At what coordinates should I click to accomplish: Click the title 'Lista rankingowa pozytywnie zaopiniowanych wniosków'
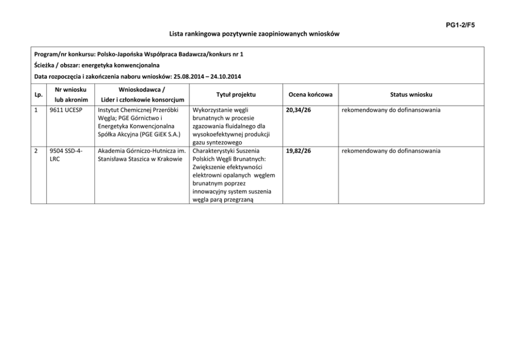click(x=254, y=34)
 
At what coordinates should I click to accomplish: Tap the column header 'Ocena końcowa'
click(x=310, y=94)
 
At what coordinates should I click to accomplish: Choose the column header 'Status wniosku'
click(x=411, y=94)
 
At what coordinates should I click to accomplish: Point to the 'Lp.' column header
click(x=38, y=94)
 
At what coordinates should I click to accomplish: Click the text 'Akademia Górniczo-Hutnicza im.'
click(x=141, y=151)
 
